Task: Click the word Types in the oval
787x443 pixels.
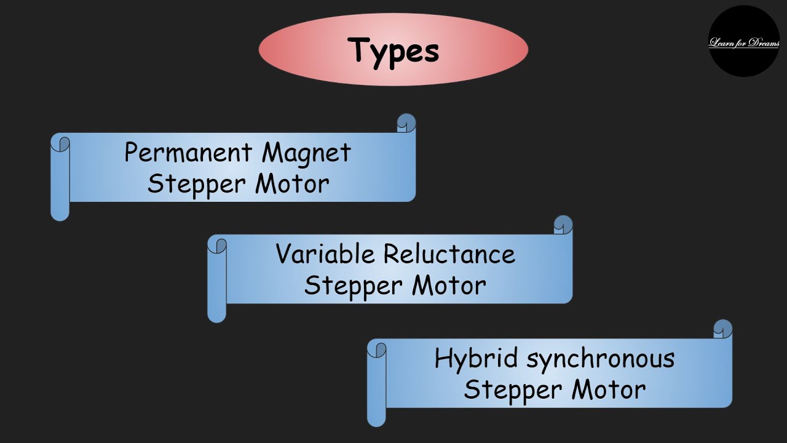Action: click(x=393, y=50)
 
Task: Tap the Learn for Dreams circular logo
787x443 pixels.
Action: click(x=744, y=42)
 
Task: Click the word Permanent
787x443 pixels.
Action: click(x=188, y=152)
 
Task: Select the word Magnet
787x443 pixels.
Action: click(x=306, y=153)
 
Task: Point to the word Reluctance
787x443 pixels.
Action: click(x=449, y=253)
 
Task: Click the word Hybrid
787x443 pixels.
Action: click(x=469, y=359)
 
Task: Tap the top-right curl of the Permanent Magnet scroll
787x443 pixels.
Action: click(x=406, y=123)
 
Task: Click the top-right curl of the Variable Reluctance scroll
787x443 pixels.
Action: click(x=563, y=225)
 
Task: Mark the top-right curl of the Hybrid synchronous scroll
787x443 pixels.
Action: click(x=722, y=329)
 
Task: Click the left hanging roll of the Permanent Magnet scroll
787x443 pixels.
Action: click(x=60, y=178)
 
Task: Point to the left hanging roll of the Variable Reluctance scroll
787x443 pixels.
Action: click(x=216, y=280)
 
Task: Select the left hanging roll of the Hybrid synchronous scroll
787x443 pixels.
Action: click(x=376, y=385)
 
